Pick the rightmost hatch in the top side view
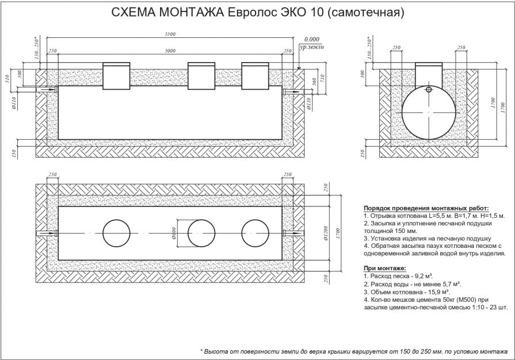[255, 75]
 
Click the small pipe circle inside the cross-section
[429, 90]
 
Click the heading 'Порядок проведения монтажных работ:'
[426, 208]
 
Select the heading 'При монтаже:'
[385, 268]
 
